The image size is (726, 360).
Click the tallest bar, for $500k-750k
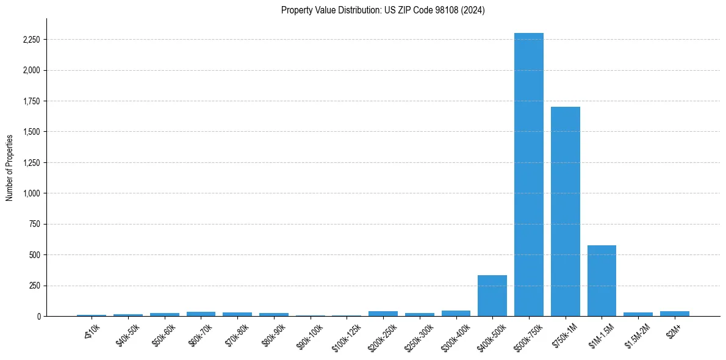(x=528, y=175)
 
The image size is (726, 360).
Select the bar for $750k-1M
(x=565, y=211)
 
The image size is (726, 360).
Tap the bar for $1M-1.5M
(x=602, y=281)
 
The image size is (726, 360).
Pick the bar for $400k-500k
(x=492, y=296)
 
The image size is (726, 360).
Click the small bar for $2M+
(x=674, y=314)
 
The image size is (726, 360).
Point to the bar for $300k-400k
(x=456, y=314)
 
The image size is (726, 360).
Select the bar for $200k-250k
(x=383, y=314)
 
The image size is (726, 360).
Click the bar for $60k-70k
(x=201, y=314)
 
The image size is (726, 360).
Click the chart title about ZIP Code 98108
(x=383, y=10)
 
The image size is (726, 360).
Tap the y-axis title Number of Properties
(x=10, y=167)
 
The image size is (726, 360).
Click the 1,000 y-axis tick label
(x=31, y=193)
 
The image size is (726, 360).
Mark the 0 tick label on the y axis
(x=38, y=316)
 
